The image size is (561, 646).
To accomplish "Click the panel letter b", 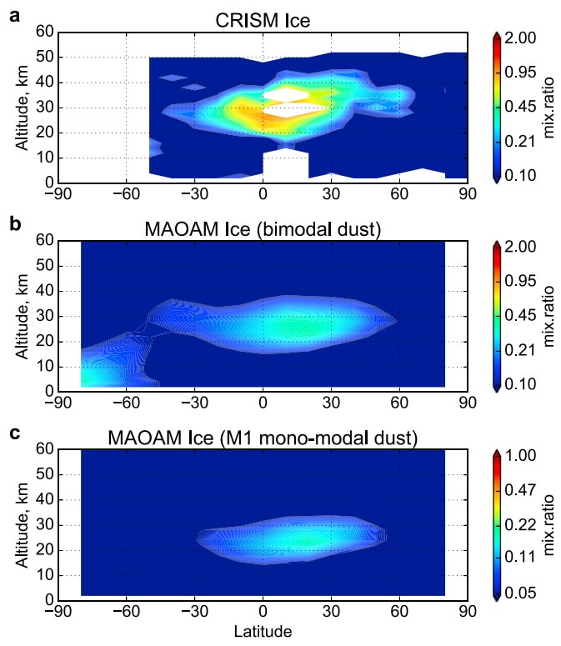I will pos(14,223).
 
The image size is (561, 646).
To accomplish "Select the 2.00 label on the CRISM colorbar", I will pos(522,38).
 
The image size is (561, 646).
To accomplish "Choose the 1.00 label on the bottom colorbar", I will pos(522,455).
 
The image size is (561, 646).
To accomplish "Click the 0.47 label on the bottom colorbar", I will pos(522,489).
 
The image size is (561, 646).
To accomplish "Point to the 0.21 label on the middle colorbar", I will pos(522,350).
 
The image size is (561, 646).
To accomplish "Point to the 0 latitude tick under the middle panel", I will pos(263,402).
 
